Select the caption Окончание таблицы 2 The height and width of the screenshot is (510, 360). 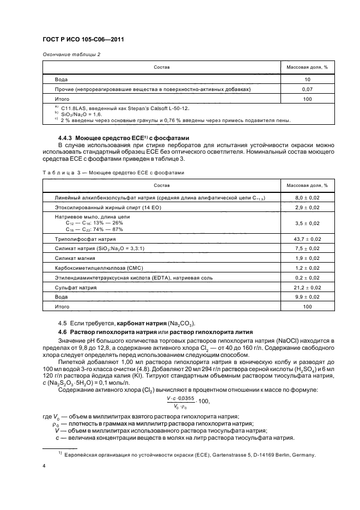(71, 54)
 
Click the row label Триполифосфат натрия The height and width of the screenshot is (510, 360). (82, 239)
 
